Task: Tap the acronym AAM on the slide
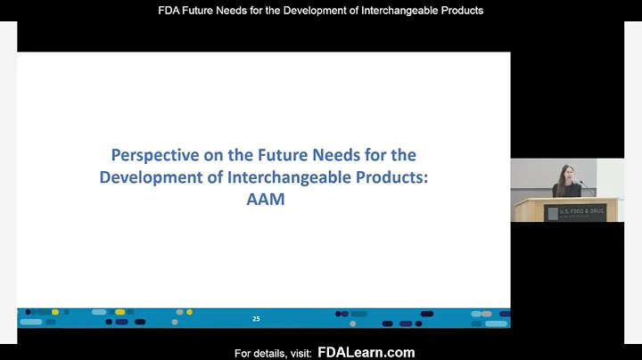click(265, 199)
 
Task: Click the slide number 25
click(256, 318)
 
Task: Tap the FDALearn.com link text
click(366, 353)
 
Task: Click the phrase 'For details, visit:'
click(272, 354)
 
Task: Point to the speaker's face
click(564, 173)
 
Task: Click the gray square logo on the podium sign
click(553, 212)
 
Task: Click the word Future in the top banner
click(205, 11)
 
